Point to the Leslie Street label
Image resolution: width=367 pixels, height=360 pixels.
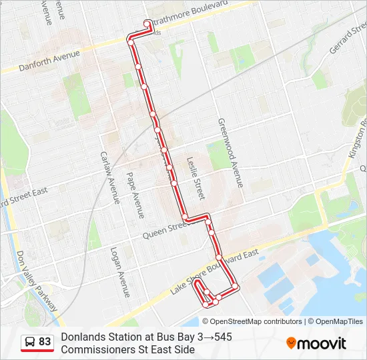point(194,178)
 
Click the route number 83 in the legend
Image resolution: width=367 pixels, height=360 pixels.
point(45,342)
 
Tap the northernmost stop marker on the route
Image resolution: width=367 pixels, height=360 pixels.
point(147,24)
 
